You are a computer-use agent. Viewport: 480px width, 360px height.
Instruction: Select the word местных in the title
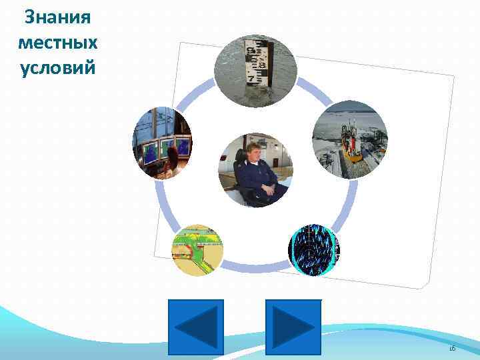57,43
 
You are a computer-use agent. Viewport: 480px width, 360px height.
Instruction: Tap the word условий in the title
57,68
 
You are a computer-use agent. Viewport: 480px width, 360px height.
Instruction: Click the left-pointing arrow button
195,327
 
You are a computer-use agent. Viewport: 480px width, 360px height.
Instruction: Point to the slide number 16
451,349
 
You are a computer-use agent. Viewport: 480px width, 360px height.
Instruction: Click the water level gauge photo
255,70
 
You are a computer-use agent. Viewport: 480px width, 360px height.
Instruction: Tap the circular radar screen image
314,248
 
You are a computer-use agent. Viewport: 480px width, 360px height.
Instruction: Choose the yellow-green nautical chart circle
197,250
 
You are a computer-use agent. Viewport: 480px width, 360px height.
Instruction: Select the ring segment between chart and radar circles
255,269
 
